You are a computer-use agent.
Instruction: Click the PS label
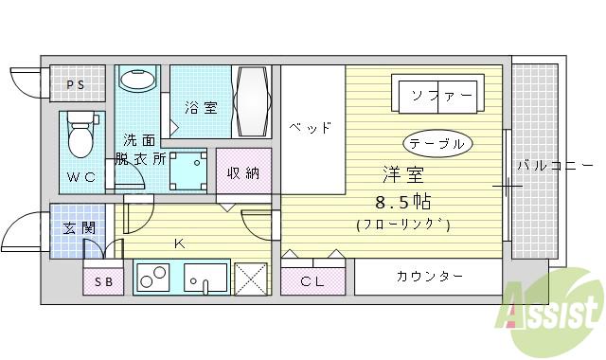(x=76, y=85)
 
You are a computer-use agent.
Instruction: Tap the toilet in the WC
(x=81, y=137)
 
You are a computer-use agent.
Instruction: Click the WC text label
(x=80, y=177)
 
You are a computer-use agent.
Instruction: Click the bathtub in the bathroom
(x=254, y=103)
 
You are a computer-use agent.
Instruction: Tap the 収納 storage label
(x=242, y=172)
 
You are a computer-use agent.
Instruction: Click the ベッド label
(x=311, y=127)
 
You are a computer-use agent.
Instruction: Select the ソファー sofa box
(x=441, y=95)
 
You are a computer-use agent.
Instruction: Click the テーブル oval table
(x=437, y=143)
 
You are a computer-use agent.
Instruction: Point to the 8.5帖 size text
(x=402, y=203)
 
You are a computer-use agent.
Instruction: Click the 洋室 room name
(x=402, y=176)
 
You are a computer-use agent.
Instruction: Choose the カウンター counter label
(x=429, y=276)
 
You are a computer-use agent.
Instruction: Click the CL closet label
(x=312, y=280)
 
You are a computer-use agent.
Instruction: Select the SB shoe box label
(x=102, y=282)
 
